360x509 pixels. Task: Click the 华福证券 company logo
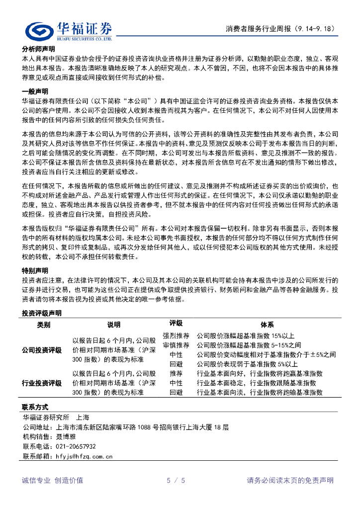point(69,30)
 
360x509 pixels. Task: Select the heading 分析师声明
point(38,49)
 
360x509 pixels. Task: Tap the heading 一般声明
point(35,91)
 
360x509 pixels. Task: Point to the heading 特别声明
point(35,271)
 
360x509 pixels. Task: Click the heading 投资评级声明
point(42,314)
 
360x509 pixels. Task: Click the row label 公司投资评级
point(42,350)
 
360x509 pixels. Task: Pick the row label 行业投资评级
point(42,383)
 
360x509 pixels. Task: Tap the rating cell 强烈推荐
point(176,336)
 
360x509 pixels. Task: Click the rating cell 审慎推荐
point(176,345)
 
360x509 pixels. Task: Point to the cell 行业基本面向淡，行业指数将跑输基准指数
point(260,392)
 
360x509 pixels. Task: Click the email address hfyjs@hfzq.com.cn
point(82,456)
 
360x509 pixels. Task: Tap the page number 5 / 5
point(176,480)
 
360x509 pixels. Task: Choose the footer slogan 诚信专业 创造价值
point(53,480)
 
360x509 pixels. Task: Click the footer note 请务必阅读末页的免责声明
point(290,480)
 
